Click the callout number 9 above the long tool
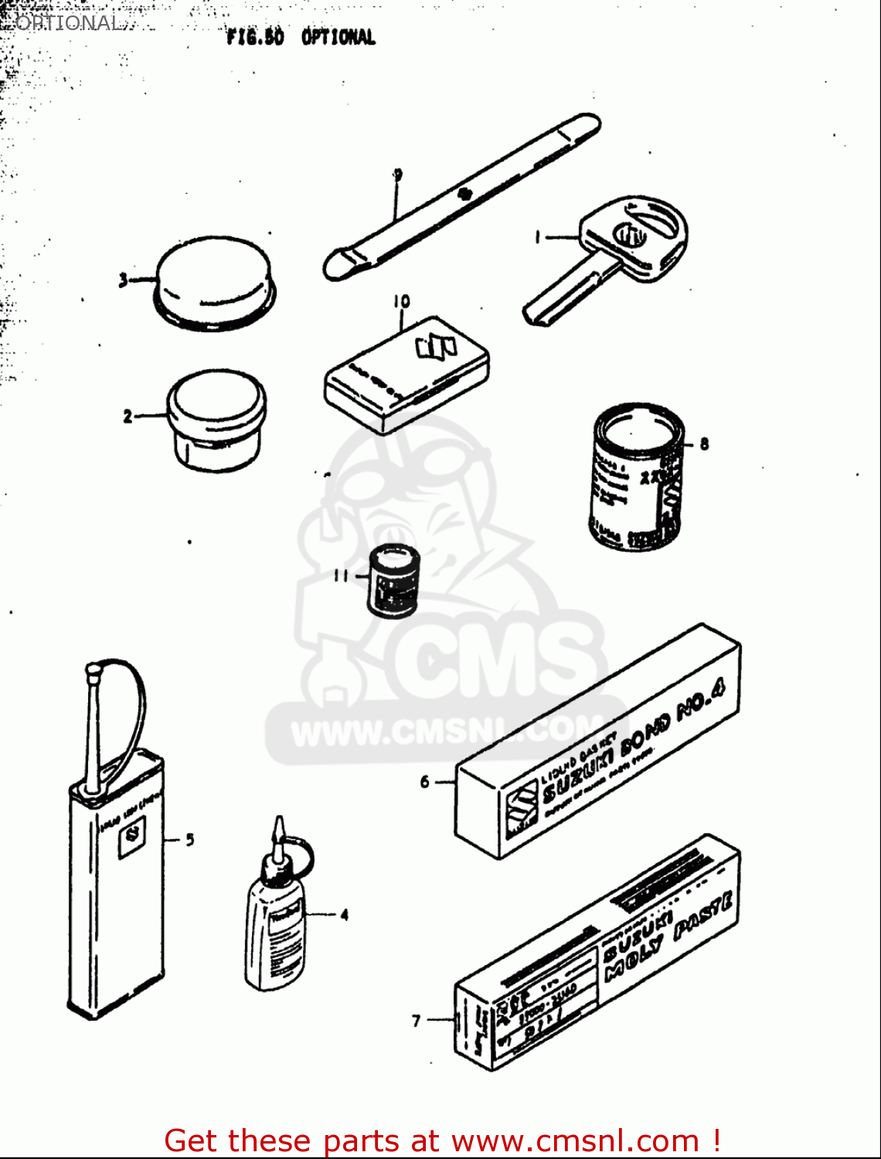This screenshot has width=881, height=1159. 398,175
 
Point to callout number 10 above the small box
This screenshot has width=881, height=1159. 401,301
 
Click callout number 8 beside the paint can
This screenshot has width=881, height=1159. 704,444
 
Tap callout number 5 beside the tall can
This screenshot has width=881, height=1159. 190,839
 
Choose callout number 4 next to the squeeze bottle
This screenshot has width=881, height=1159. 345,915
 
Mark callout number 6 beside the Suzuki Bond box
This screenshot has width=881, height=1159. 425,782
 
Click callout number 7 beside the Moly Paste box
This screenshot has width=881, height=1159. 417,1021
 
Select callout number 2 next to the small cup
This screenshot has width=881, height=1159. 128,416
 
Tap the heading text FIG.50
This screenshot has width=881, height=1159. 255,37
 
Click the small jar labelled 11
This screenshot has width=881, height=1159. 393,579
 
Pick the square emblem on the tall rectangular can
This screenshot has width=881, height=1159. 132,839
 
